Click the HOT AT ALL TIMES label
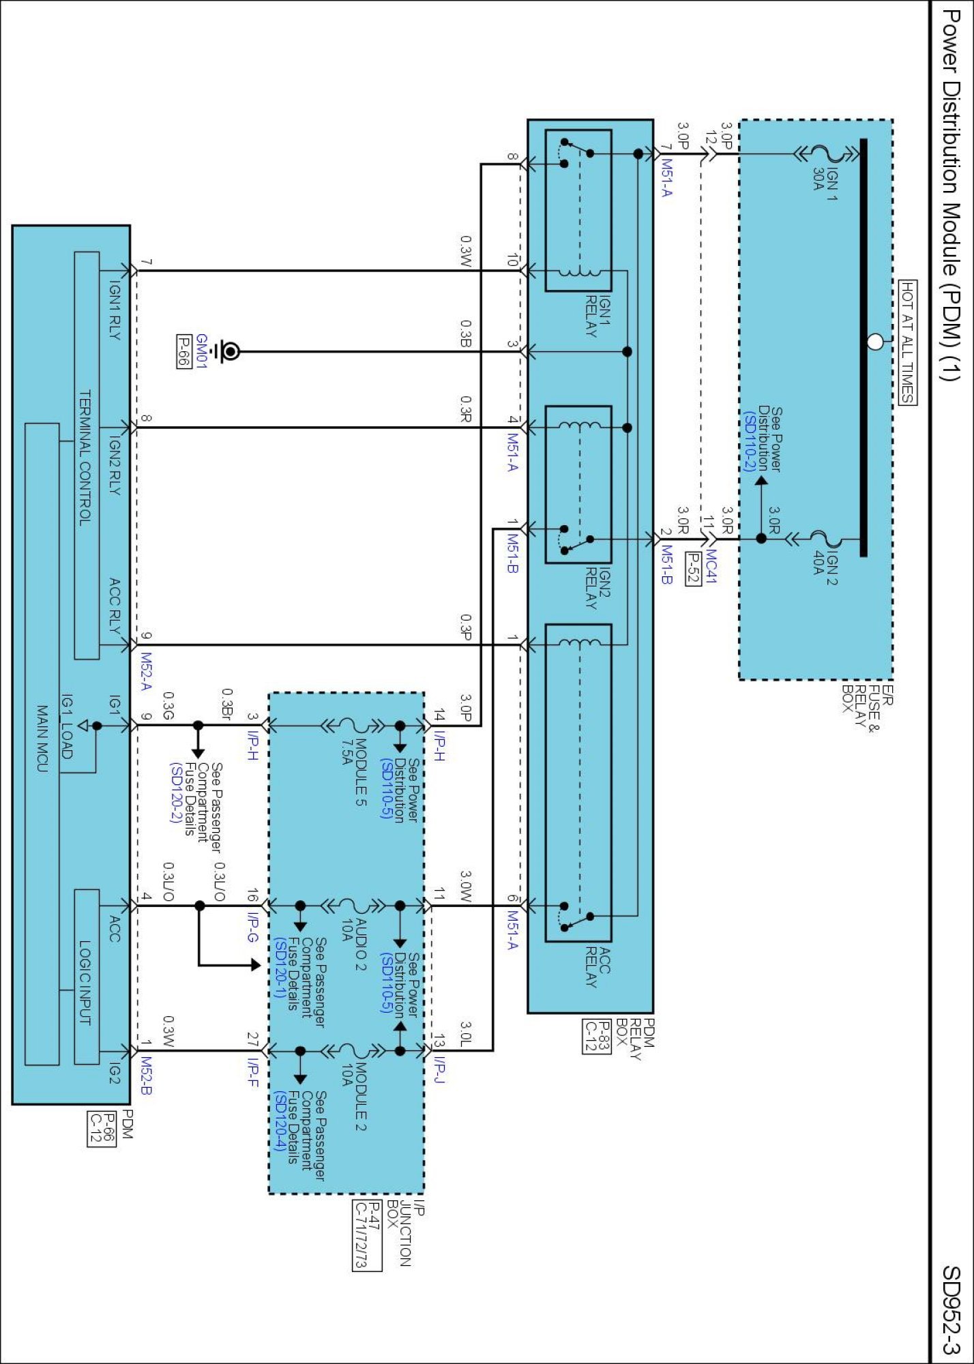pos(907,342)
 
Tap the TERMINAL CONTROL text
pos(85,457)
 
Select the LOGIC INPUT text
pos(85,982)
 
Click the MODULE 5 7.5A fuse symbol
pos(355,726)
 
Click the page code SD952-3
pos(951,1309)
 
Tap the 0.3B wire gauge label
pos(465,334)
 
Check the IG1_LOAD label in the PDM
pos(67,726)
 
